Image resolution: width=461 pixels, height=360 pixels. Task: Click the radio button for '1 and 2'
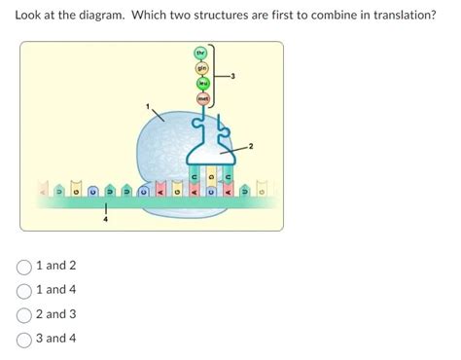coord(23,266)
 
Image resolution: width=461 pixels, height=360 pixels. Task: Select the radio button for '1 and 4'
coord(23,290)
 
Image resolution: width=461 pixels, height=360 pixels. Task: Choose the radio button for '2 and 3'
coord(23,314)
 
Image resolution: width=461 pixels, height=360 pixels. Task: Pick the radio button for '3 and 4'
coord(23,339)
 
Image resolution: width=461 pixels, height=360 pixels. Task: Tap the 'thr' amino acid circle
coord(201,53)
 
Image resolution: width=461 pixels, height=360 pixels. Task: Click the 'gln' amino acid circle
coord(202,67)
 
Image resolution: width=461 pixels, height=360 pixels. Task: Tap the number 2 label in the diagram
coord(250,146)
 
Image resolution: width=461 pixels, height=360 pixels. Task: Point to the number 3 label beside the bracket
coord(232,75)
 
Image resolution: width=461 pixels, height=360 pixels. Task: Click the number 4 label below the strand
coord(106,220)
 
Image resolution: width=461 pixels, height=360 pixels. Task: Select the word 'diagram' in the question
coord(102,17)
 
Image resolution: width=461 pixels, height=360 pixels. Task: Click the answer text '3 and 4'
coord(55,339)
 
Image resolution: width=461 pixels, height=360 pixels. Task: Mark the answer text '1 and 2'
coord(55,266)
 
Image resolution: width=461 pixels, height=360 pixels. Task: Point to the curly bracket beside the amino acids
coord(216,75)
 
